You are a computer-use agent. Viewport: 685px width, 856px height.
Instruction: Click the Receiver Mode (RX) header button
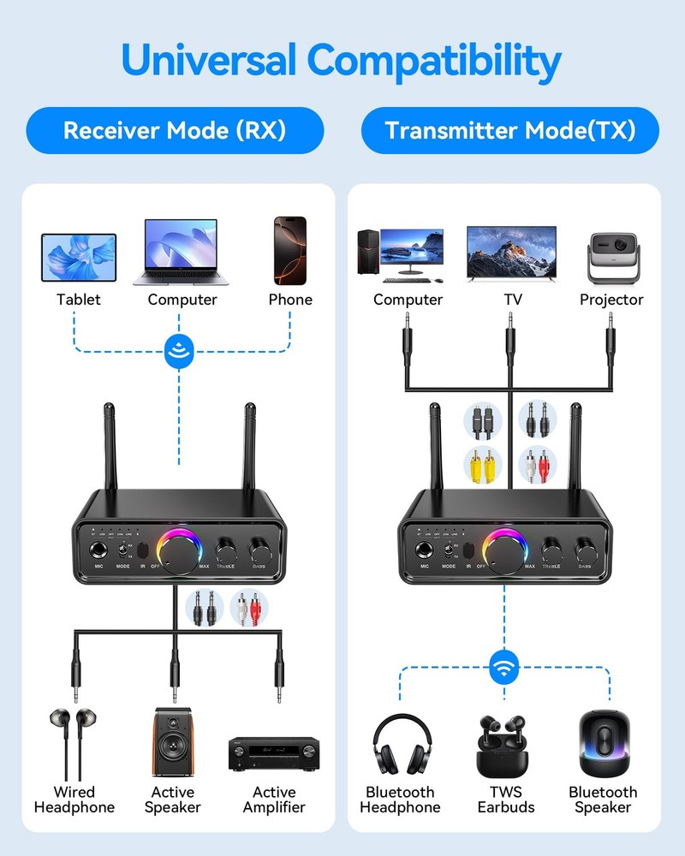point(175,130)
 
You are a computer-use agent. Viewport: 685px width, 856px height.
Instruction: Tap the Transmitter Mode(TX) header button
point(510,130)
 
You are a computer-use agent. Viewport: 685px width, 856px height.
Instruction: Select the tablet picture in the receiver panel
point(79,258)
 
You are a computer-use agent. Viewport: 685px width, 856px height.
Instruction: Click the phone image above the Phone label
point(289,250)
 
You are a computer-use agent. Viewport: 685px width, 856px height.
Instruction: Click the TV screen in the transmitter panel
point(511,252)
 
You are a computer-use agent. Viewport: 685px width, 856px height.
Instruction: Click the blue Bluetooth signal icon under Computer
point(181,349)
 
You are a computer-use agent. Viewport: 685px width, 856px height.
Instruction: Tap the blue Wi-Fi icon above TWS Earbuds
point(505,667)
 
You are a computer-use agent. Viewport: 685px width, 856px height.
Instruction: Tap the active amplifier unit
point(274,753)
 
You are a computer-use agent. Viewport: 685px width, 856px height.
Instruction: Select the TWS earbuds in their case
point(505,745)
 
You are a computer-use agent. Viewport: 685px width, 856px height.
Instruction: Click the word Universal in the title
point(210,60)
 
